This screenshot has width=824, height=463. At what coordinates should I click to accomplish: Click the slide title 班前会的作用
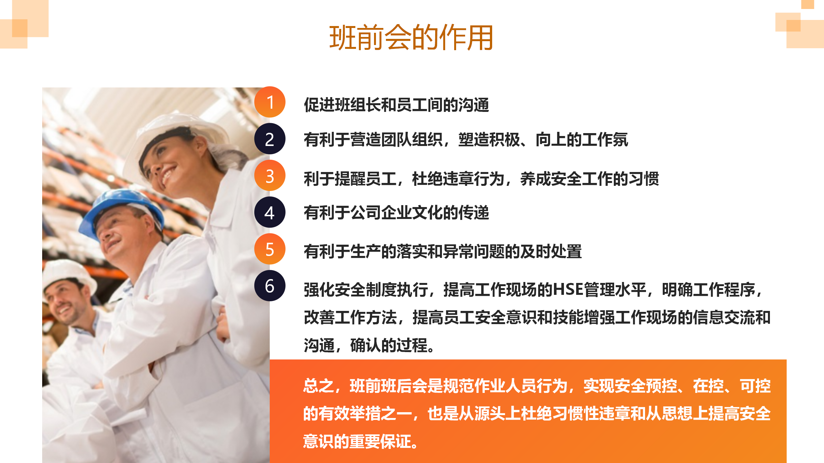tap(411, 38)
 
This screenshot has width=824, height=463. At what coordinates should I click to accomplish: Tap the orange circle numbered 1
tap(270, 102)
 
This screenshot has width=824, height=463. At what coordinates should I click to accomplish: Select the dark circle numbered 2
tap(270, 139)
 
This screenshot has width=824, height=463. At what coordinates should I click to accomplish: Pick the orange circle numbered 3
tap(270, 176)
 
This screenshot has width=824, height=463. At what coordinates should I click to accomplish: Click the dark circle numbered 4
tap(270, 212)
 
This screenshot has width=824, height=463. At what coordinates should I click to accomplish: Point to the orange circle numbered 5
tap(270, 249)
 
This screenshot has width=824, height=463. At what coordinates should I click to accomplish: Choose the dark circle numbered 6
tap(270, 286)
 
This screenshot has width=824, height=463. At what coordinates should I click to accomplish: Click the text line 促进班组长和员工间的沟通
tap(397, 105)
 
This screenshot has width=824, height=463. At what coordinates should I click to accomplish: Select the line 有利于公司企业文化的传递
tap(397, 213)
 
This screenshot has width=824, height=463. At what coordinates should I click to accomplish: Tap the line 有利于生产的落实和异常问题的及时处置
tap(443, 251)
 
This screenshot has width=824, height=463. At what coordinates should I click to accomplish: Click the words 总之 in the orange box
tap(319, 386)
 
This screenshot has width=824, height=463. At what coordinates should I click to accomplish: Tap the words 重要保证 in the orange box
tap(380, 441)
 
